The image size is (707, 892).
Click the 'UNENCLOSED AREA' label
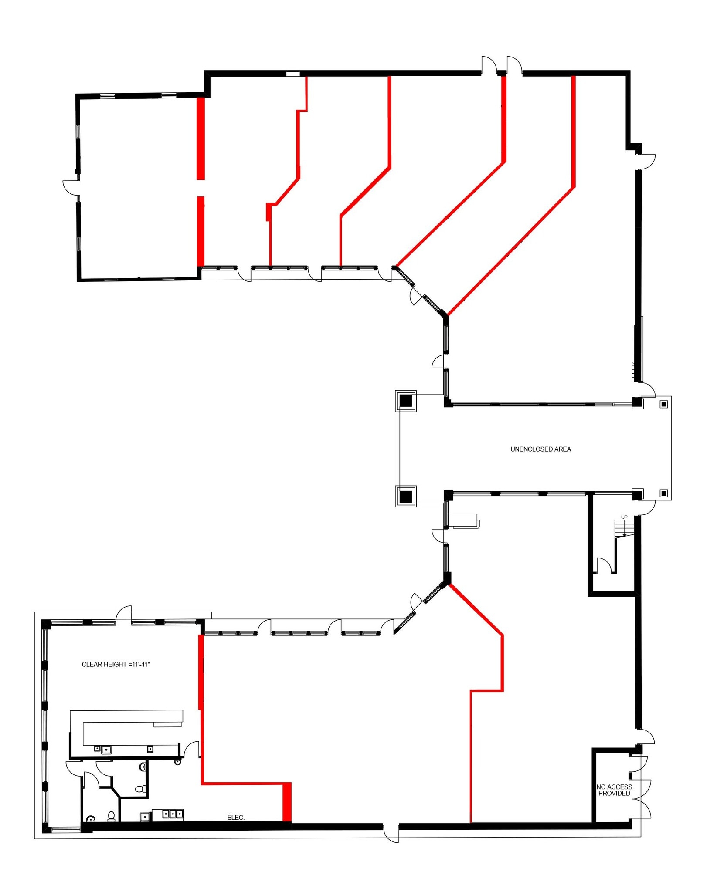(x=540, y=449)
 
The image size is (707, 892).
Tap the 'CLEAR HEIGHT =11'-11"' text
(x=116, y=664)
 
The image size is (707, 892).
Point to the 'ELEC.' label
(x=236, y=818)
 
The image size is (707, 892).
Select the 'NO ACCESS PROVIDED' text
(x=614, y=790)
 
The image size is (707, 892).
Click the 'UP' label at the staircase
(x=624, y=517)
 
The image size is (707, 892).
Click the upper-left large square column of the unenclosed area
(x=406, y=401)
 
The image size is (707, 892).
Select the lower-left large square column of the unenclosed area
(x=406, y=496)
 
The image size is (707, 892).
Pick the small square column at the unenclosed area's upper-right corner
(x=663, y=404)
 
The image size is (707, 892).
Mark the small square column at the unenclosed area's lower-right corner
(x=663, y=493)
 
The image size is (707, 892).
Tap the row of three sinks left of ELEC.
(x=173, y=813)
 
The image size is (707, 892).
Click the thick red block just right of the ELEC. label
(x=287, y=802)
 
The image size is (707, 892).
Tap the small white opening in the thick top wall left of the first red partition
(x=293, y=74)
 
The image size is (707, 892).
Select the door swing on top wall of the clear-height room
(x=124, y=613)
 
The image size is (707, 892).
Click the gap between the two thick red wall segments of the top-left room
(x=201, y=188)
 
